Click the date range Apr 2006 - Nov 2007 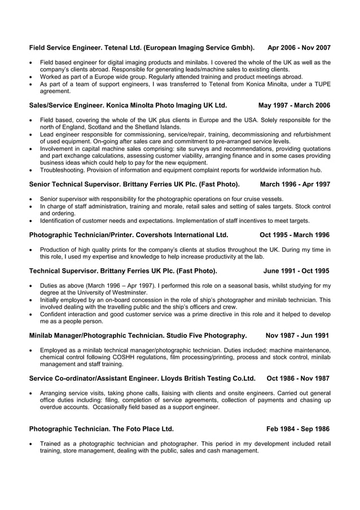tap(298, 48)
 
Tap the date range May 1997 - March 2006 tap(294, 105)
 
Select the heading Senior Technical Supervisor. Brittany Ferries tap(134, 184)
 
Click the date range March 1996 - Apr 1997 tap(295, 184)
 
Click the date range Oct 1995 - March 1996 tap(295, 234)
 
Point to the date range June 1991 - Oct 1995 tap(296, 271)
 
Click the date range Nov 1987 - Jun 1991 tap(297, 335)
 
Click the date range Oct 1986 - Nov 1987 tap(298, 378)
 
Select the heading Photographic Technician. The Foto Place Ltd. tap(101, 429)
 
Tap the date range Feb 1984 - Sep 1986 tap(298, 429)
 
